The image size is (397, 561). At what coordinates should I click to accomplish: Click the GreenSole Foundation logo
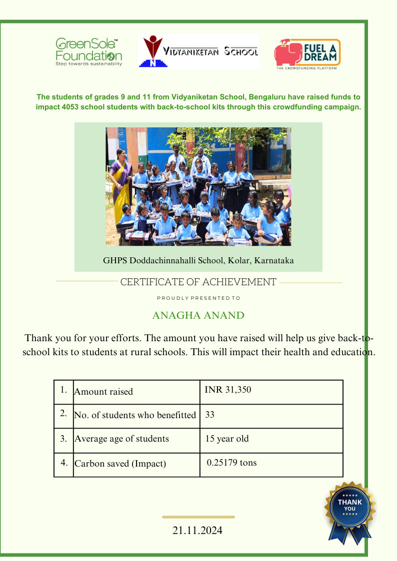88,52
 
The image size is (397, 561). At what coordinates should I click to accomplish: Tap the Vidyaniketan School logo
198,51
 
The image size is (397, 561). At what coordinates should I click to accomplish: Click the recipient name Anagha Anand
198,315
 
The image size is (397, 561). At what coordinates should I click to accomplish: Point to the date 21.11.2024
197,531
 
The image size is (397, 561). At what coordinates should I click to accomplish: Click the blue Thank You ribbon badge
350,511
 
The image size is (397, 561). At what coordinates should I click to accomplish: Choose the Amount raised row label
103,391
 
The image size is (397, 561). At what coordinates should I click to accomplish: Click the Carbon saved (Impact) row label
120,464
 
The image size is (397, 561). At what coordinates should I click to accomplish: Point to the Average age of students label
121,439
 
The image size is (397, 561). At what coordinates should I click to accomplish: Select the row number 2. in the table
63,414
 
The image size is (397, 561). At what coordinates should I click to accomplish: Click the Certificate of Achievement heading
198,282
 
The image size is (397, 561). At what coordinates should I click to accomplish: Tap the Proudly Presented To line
198,298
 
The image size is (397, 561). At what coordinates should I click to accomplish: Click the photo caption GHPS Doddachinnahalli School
198,260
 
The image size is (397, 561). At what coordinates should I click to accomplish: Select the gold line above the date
198,517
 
